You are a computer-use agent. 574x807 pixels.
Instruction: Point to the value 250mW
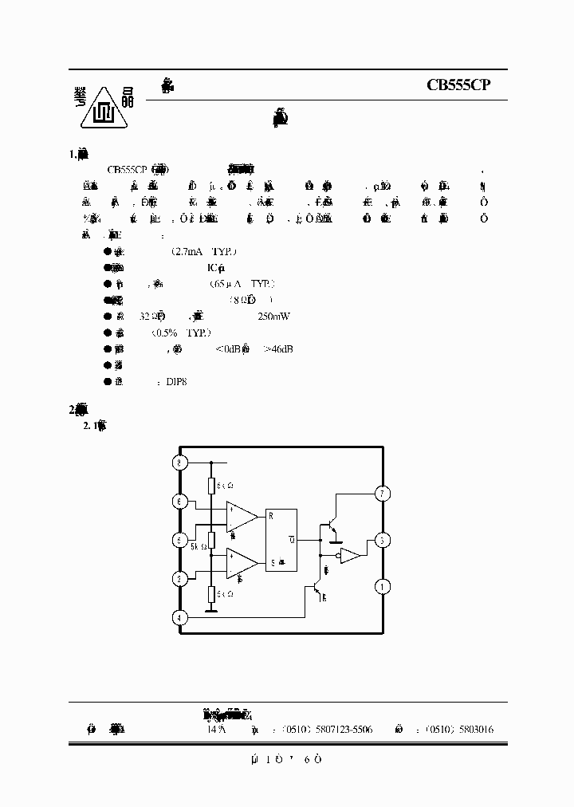(x=274, y=316)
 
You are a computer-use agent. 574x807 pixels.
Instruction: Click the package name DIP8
(x=176, y=381)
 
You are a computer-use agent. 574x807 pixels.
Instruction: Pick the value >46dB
(x=276, y=348)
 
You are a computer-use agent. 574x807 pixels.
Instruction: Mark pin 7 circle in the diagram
(x=383, y=494)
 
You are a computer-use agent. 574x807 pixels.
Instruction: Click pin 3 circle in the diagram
(x=383, y=541)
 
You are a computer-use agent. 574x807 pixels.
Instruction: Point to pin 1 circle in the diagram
(x=383, y=587)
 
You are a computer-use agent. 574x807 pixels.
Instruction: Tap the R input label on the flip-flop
(x=273, y=515)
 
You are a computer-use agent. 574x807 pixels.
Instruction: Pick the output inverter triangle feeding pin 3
(x=349, y=556)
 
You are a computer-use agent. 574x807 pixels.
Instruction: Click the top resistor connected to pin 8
(x=212, y=486)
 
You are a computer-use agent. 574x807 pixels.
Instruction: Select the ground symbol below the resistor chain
(x=212, y=612)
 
